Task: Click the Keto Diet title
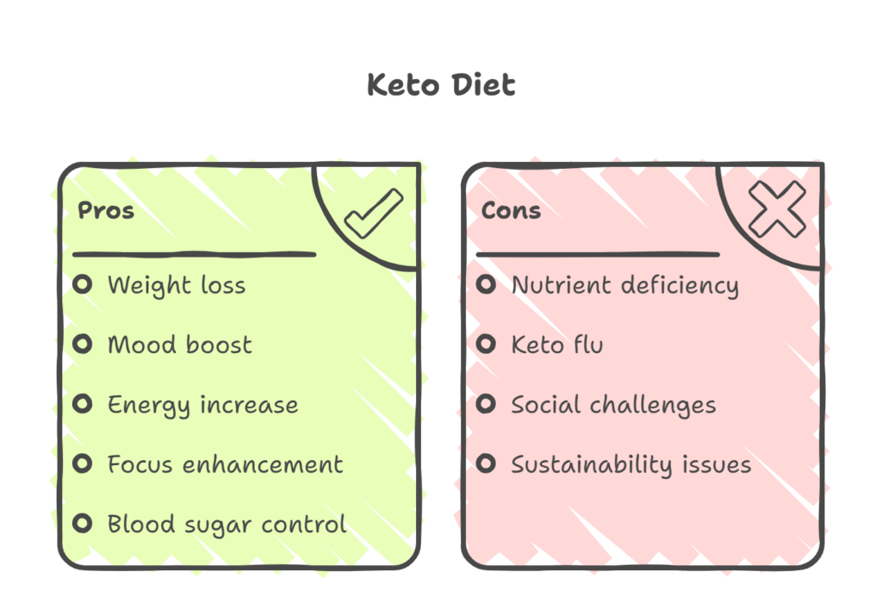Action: [441, 85]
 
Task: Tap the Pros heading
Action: [106, 210]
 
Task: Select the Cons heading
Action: [511, 210]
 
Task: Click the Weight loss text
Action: [177, 285]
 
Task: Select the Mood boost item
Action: [179, 345]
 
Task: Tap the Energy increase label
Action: [202, 405]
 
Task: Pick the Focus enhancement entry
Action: [225, 464]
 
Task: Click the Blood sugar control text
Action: [227, 524]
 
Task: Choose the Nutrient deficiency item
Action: [624, 285]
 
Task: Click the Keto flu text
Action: [556, 345]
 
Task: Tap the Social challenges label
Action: [613, 405]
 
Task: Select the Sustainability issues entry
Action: [630, 465]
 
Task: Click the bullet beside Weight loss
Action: [83, 284]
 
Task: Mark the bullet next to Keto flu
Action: [487, 345]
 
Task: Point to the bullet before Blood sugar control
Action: [83, 523]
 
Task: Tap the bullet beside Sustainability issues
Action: [487, 464]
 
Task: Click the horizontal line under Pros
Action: [195, 254]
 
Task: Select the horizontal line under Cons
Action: [598, 254]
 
